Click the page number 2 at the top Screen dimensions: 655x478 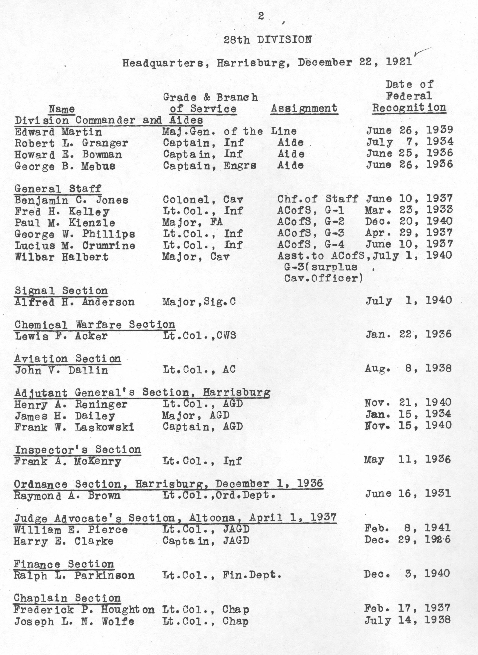261,16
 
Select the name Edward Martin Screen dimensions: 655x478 58,132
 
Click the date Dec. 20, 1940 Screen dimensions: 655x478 408,221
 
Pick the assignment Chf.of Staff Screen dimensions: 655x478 317,199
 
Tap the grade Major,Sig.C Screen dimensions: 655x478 199,302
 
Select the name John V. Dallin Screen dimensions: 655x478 61,370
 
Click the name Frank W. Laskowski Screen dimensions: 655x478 74,427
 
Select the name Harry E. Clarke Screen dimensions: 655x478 64,541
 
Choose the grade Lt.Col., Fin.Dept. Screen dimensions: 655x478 222,575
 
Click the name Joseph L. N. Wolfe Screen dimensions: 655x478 74,621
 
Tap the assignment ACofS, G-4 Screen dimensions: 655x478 311,244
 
